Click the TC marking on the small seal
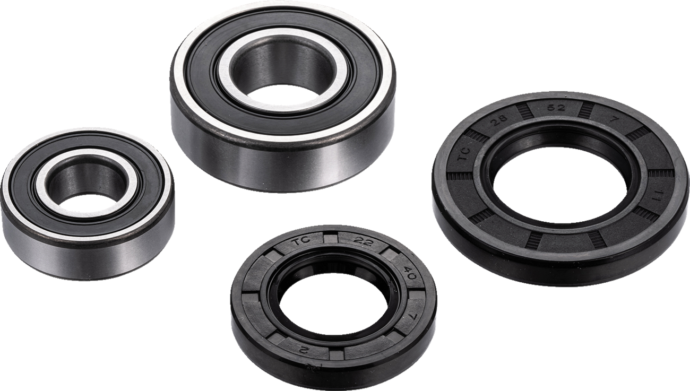pos(301,244)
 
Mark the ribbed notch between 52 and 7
pos(586,109)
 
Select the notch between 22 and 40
pos(390,255)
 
